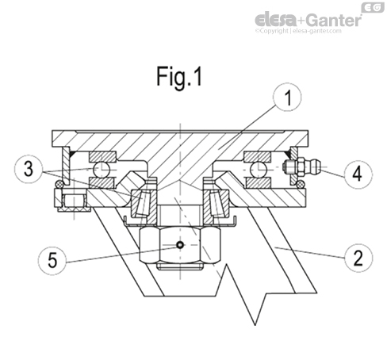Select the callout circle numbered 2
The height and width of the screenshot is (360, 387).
point(360,255)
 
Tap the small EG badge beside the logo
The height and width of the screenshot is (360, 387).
point(370,7)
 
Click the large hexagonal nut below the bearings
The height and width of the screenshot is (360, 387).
point(180,246)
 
